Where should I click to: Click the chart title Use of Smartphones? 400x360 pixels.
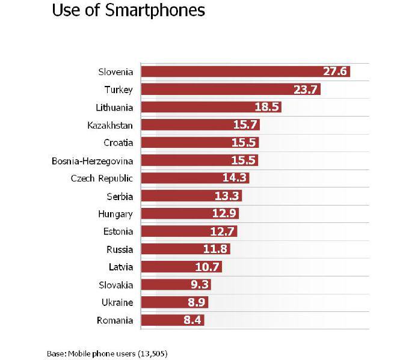click(128, 11)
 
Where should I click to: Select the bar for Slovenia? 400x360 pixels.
click(241, 72)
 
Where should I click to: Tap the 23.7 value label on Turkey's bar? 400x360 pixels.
click(306, 90)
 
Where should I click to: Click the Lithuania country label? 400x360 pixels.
click(114, 108)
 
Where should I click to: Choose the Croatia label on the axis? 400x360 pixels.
click(118, 143)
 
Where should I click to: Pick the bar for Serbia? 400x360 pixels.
click(186, 196)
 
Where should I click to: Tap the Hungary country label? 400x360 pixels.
click(115, 214)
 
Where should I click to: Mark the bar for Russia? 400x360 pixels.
click(180, 249)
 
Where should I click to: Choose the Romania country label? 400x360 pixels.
click(115, 320)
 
